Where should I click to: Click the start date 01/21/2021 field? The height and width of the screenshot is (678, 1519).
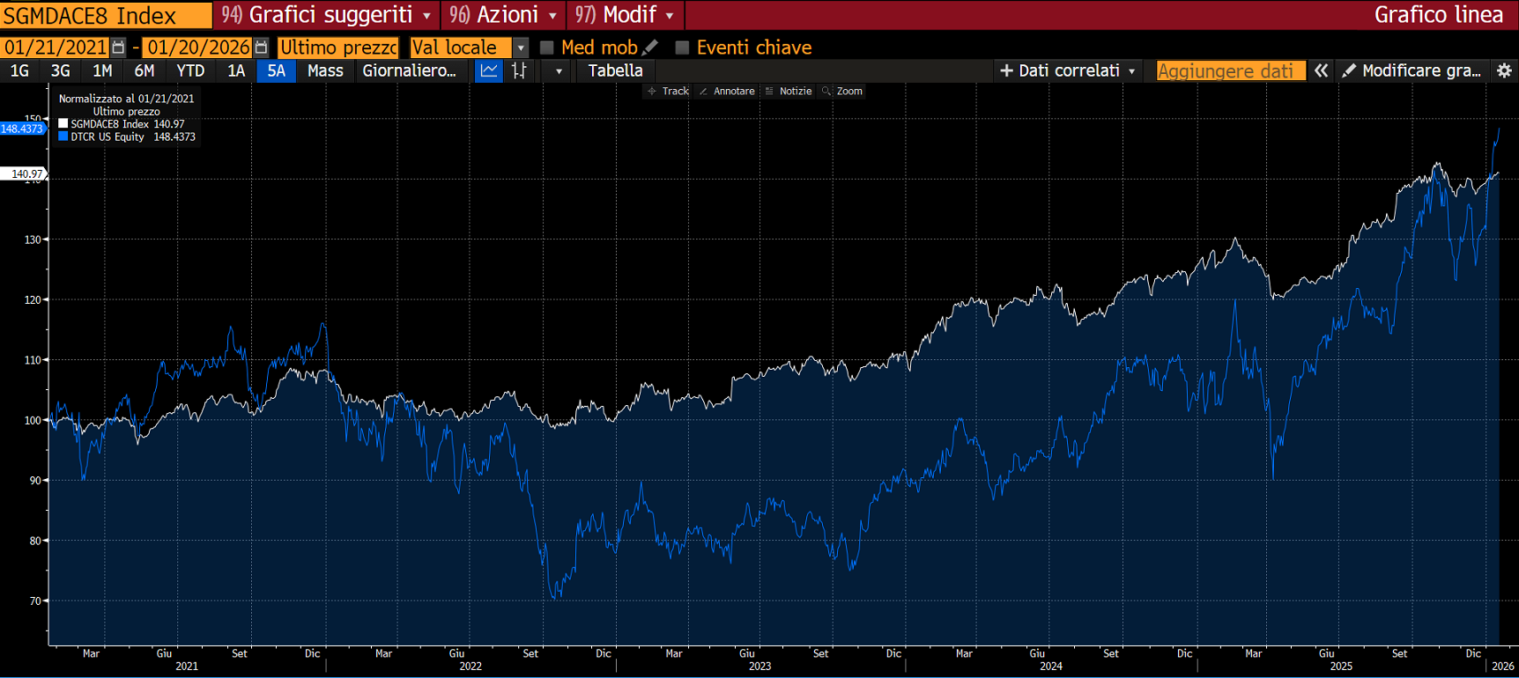pyautogui.click(x=56, y=48)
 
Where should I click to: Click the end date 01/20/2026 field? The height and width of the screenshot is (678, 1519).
pyautogui.click(x=198, y=48)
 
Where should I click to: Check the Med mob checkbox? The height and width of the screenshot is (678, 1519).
pyautogui.click(x=547, y=48)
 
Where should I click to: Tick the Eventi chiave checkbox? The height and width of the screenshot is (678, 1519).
pyautogui.click(x=682, y=48)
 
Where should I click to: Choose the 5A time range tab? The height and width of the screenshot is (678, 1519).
pyautogui.click(x=277, y=71)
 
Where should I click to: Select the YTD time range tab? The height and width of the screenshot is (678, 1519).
pyautogui.click(x=190, y=71)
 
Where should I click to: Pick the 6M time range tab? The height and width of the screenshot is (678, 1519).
pyautogui.click(x=144, y=71)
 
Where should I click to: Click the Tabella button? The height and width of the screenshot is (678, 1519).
pyautogui.click(x=615, y=71)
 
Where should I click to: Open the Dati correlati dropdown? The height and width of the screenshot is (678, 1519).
pyautogui.click(x=1068, y=71)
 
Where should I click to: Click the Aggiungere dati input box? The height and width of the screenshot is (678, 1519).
pyautogui.click(x=1230, y=71)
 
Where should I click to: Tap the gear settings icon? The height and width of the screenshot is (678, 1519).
pyautogui.click(x=1504, y=71)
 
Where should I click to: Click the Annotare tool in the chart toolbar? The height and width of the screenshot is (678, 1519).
pyautogui.click(x=728, y=92)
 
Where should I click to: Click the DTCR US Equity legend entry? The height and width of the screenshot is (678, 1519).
pyautogui.click(x=107, y=137)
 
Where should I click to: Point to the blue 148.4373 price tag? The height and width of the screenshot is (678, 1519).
pyautogui.click(x=22, y=129)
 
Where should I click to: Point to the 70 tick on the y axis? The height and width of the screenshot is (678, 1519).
pyautogui.click(x=35, y=601)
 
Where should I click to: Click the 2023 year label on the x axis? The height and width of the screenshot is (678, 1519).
pyautogui.click(x=759, y=667)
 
